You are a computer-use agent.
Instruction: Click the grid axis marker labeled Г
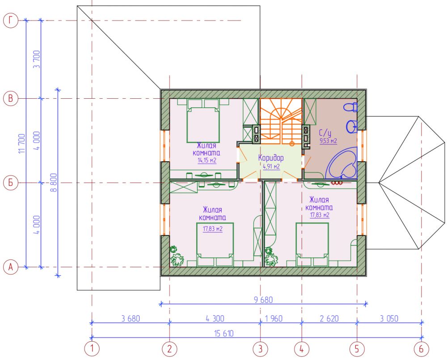(x=11, y=21)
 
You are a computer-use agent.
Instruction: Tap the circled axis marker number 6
(x=421, y=349)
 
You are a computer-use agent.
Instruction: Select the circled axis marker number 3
(x=260, y=349)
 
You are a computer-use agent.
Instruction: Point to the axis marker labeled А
(x=11, y=267)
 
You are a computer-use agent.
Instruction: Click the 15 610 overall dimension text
(x=223, y=333)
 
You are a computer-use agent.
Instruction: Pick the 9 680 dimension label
(x=263, y=300)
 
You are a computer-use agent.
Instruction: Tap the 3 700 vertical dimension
(x=37, y=59)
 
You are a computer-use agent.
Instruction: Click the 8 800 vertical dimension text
(x=54, y=182)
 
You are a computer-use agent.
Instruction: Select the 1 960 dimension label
(x=274, y=318)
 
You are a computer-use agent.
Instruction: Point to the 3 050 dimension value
(x=389, y=318)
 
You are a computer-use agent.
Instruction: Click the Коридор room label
(x=271, y=158)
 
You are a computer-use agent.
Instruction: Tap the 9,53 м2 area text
(x=329, y=141)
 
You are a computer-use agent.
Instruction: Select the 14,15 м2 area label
(x=207, y=160)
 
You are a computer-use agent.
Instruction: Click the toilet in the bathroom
(x=350, y=107)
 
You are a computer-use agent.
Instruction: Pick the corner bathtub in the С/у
(x=342, y=163)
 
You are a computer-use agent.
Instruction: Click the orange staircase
(x=281, y=121)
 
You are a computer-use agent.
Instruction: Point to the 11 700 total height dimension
(x=22, y=143)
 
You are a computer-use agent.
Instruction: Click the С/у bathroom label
(x=325, y=133)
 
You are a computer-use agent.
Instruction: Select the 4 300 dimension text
(x=215, y=318)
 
